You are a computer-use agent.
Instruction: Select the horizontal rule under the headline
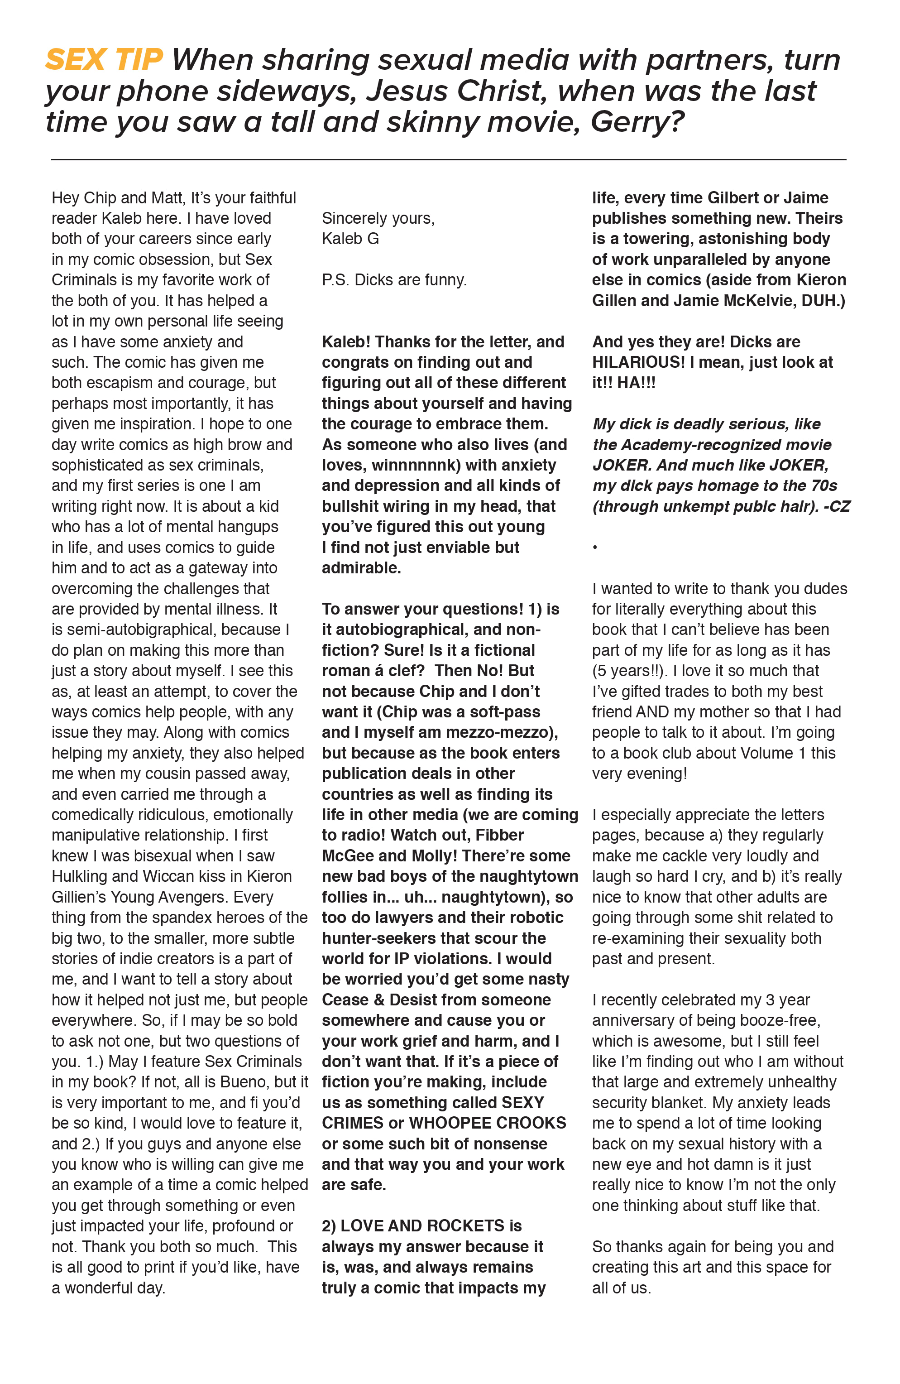(448, 159)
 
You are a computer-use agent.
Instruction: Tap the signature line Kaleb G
(350, 238)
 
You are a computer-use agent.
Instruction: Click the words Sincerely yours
(378, 218)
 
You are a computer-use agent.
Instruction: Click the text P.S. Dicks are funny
(394, 280)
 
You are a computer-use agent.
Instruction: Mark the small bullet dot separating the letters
(595, 547)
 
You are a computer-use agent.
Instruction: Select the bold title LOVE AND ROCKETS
(423, 1226)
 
